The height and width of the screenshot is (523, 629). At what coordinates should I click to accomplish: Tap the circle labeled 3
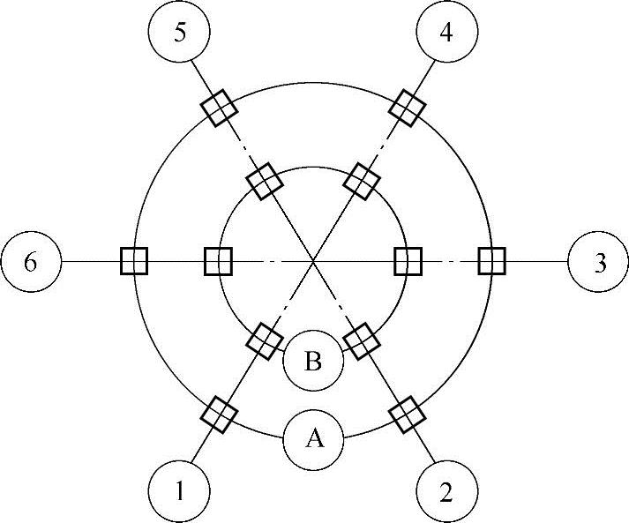(x=599, y=262)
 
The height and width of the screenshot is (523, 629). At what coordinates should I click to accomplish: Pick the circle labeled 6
(x=31, y=262)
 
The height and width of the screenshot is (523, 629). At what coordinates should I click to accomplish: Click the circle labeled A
(x=313, y=439)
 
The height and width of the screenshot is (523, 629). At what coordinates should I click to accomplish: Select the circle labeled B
(x=313, y=361)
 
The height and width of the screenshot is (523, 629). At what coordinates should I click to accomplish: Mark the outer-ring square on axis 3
(x=490, y=262)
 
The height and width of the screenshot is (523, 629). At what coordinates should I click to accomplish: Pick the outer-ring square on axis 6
(x=133, y=262)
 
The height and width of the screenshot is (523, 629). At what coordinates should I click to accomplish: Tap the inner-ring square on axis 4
(x=361, y=182)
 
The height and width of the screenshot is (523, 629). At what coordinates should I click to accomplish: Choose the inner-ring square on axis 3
(x=408, y=262)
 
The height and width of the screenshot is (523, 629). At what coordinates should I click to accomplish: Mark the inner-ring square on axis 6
(x=218, y=262)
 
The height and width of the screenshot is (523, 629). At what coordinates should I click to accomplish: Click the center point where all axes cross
(x=313, y=261)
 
